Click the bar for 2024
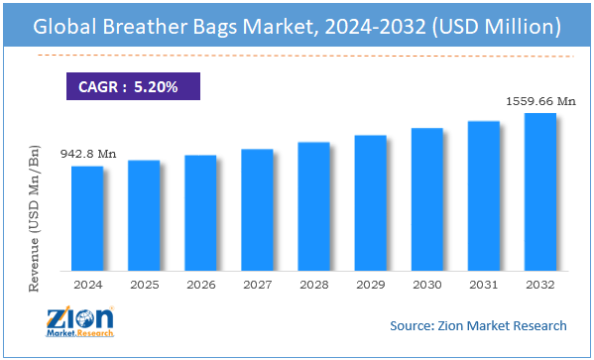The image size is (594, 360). point(86,217)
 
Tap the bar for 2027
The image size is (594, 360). point(257,209)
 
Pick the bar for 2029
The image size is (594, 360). point(370,202)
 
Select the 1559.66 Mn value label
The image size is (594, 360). point(540,100)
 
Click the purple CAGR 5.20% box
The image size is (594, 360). point(134,87)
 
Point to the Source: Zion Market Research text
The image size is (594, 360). point(477,325)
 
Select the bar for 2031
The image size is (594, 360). point(483,195)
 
